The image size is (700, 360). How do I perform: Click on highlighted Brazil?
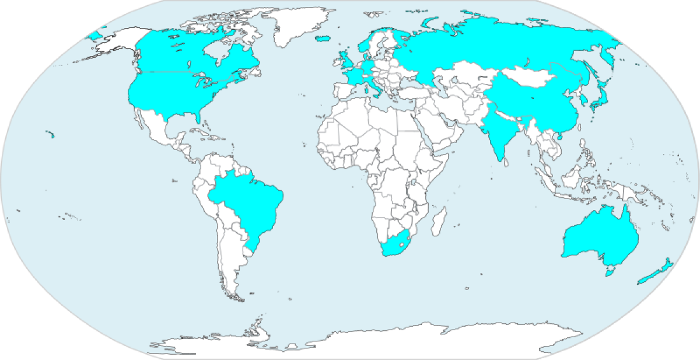(248, 201)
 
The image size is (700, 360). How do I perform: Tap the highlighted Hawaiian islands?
(51, 136)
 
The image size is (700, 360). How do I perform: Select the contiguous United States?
(175, 93)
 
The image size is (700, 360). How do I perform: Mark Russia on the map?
(496, 47)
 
